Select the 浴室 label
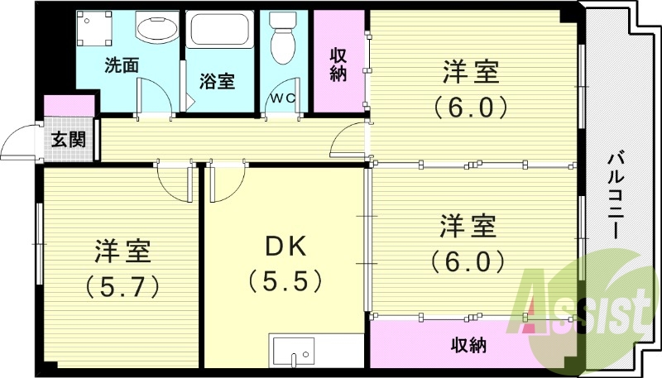218,81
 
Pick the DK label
285,246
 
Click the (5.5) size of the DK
285,282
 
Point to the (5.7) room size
122,285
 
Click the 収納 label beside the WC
338,65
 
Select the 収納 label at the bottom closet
468,344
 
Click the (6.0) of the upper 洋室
470,108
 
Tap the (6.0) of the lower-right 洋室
468,261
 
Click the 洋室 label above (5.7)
122,250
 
